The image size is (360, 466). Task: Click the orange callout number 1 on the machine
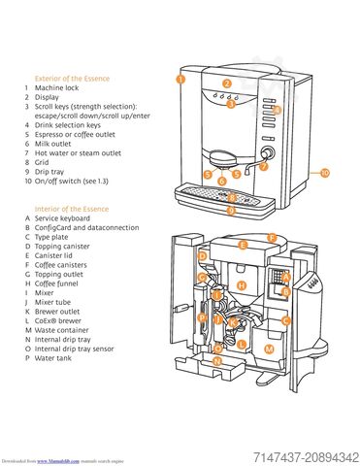[x=180, y=76]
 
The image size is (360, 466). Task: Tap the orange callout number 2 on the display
[x=226, y=84]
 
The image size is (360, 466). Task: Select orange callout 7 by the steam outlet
[x=262, y=166]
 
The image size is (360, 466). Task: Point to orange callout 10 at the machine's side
[x=324, y=172]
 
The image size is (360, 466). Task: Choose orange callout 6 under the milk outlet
[x=222, y=181]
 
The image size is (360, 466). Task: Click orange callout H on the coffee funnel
[x=243, y=285]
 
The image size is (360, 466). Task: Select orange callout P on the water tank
[x=202, y=317]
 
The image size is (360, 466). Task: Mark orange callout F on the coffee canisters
[x=273, y=237]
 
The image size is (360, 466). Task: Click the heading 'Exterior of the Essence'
[x=72, y=78]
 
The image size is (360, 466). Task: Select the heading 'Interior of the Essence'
[x=71, y=209]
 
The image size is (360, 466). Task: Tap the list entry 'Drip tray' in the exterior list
[x=53, y=172]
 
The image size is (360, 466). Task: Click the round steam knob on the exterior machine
[x=268, y=153]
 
